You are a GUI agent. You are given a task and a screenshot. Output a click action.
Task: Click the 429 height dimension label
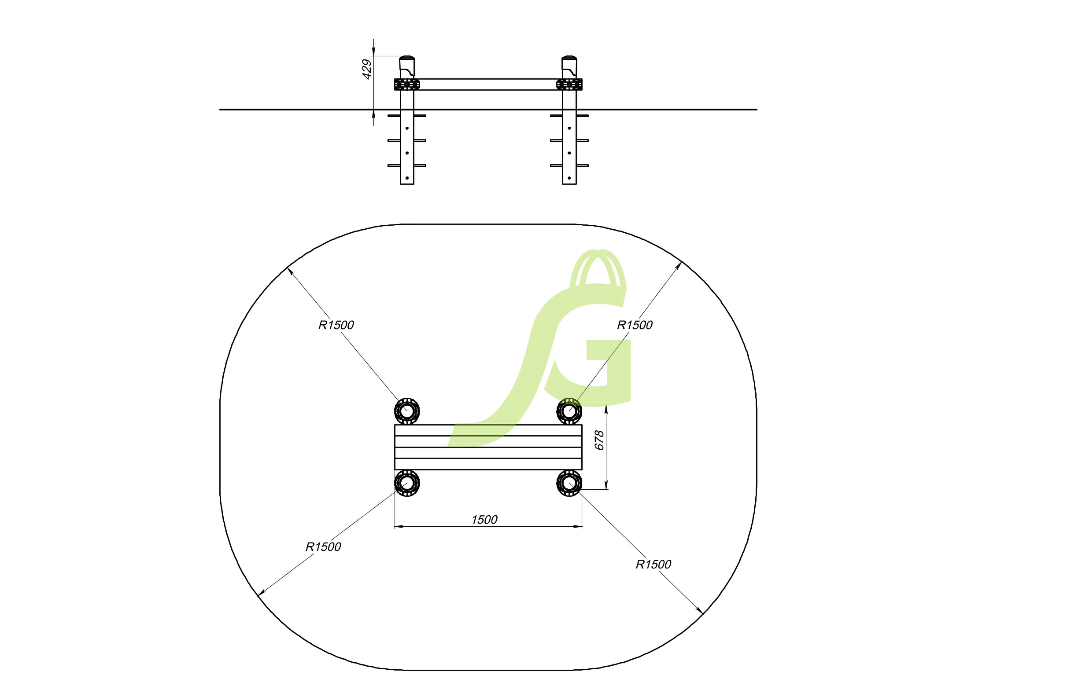367,69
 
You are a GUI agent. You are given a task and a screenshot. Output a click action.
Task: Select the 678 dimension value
599,440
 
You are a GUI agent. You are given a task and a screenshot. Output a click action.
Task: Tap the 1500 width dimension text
484,520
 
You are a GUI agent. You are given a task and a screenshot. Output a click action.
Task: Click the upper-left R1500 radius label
336,325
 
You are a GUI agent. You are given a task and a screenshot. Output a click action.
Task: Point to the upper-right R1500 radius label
635,325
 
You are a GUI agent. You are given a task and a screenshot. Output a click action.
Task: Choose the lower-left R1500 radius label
323,547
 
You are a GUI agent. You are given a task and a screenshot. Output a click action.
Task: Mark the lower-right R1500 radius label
653,565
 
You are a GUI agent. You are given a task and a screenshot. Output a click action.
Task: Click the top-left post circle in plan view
407,411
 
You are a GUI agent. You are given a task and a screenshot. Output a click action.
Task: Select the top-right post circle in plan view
569,411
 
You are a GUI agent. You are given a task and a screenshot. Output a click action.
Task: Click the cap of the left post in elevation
407,59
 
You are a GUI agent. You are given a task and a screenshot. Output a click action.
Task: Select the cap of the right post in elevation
569,59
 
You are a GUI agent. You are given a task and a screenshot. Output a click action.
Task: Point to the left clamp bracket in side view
407,84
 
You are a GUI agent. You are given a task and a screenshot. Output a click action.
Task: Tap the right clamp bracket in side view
569,84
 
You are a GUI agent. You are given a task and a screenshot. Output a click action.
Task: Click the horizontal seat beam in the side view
488,84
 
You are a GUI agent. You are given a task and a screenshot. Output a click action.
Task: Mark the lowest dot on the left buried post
407,178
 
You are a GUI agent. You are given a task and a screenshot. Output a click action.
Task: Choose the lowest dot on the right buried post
569,178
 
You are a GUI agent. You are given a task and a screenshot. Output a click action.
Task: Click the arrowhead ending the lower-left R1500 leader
259,594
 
